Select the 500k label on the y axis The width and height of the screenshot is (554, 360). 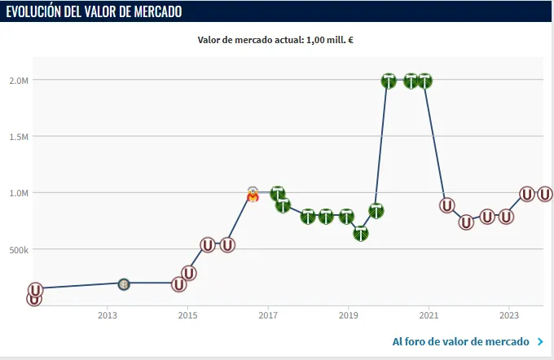click(x=19, y=249)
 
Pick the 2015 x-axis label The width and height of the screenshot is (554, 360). click(x=187, y=315)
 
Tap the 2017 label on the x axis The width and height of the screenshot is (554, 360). click(x=268, y=315)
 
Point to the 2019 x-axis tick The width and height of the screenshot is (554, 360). click(x=349, y=315)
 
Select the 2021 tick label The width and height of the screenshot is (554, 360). click(x=429, y=315)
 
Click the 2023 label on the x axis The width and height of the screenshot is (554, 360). click(x=509, y=315)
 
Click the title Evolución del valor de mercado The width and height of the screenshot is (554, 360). click(x=95, y=11)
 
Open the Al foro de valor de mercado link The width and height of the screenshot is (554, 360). click(x=461, y=341)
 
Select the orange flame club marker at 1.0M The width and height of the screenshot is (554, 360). click(x=253, y=195)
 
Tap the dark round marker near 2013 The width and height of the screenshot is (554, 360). click(x=124, y=284)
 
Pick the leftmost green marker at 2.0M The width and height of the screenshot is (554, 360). click(x=389, y=81)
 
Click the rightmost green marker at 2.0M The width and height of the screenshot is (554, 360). click(x=424, y=81)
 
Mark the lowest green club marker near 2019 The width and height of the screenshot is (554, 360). click(x=361, y=234)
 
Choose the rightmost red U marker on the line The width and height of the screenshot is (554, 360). click(x=545, y=194)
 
